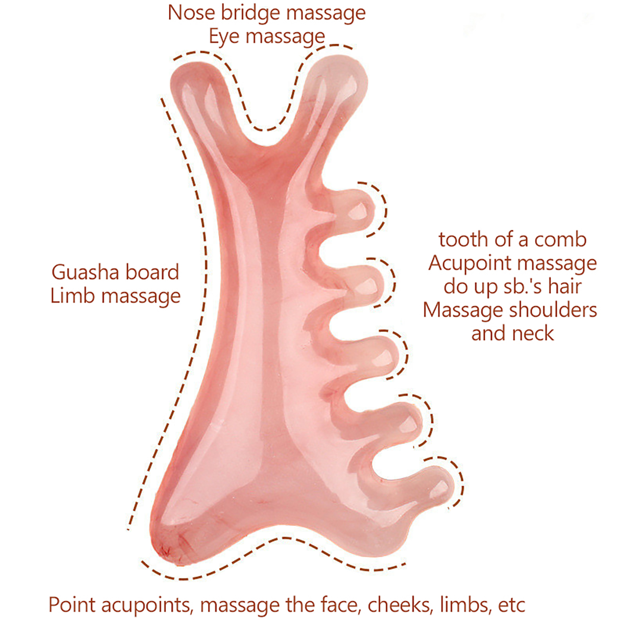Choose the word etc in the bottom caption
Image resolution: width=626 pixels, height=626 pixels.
(511, 605)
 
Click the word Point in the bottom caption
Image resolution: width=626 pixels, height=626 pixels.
(72, 605)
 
